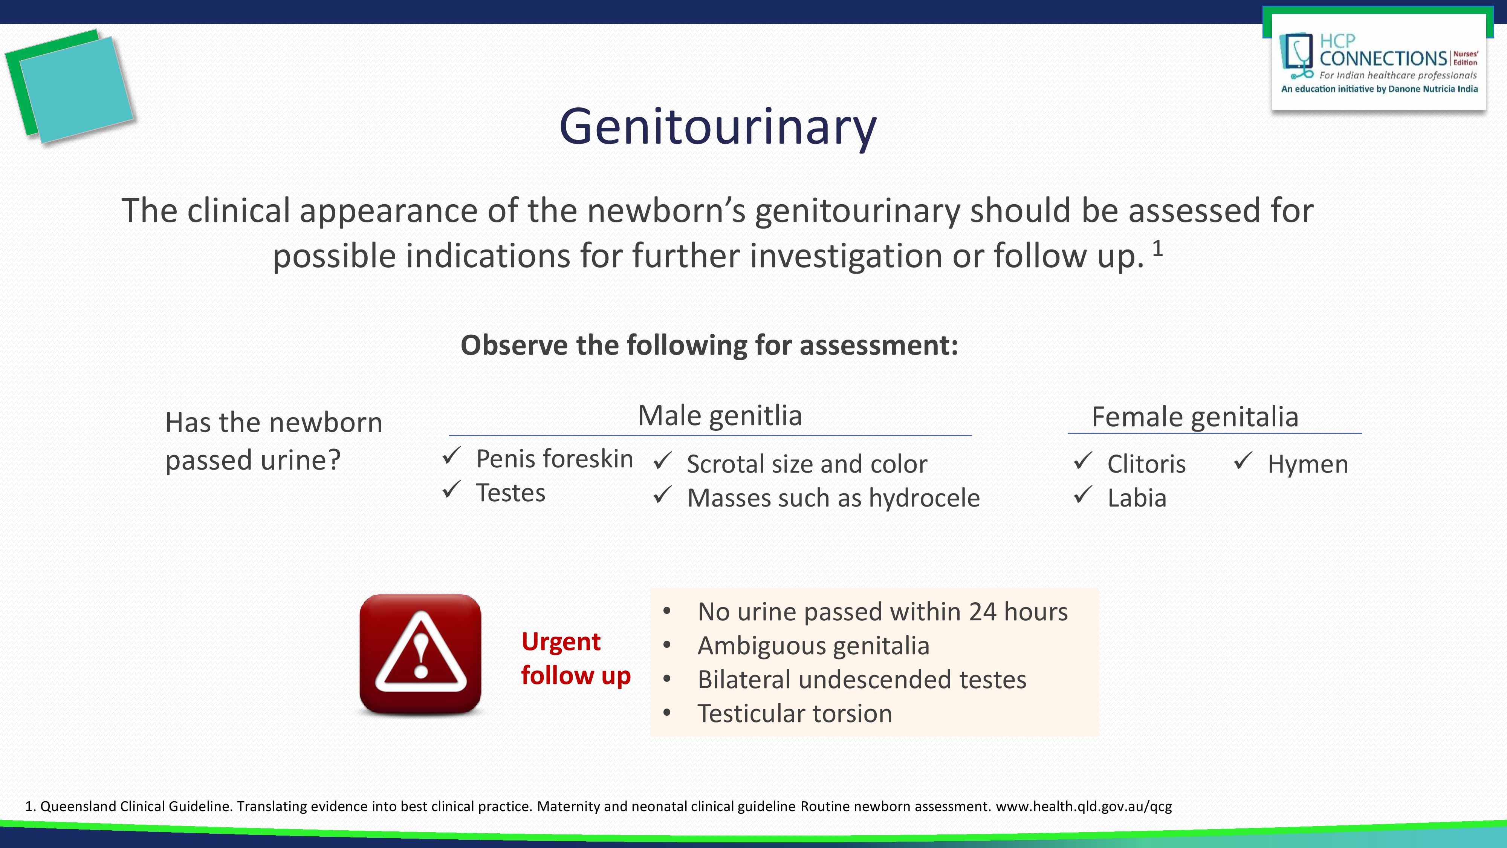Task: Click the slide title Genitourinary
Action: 718,128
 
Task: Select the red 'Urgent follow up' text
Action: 576,658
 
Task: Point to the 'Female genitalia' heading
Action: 1195,417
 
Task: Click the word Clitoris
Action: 1146,464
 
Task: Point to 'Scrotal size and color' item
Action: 807,464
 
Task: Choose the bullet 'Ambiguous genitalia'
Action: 813,646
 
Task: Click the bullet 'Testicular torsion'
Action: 795,714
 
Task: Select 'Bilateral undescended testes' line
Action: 862,680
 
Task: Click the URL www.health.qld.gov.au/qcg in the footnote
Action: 1084,807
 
